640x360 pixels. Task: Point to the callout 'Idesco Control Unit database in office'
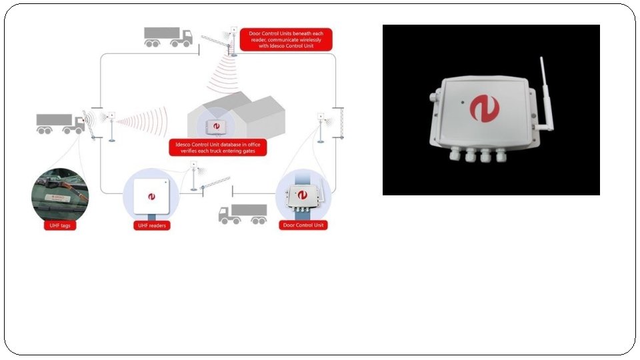(217, 147)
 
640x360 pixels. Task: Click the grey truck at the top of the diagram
(168, 37)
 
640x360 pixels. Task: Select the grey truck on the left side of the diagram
(60, 123)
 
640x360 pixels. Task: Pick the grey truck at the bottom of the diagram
(243, 213)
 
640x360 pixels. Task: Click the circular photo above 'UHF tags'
(59, 194)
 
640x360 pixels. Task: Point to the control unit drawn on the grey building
(217, 127)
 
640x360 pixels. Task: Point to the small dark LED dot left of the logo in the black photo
(460, 103)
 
